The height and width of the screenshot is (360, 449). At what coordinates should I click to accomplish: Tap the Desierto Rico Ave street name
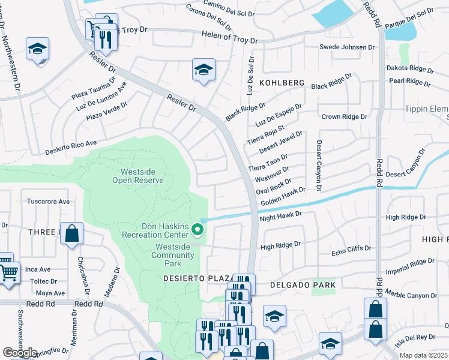click(x=71, y=148)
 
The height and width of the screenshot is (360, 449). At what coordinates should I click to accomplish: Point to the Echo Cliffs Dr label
click(x=351, y=248)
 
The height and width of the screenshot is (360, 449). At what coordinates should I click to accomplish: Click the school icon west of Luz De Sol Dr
click(x=203, y=70)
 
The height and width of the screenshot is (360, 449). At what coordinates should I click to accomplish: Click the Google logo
click(x=20, y=352)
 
